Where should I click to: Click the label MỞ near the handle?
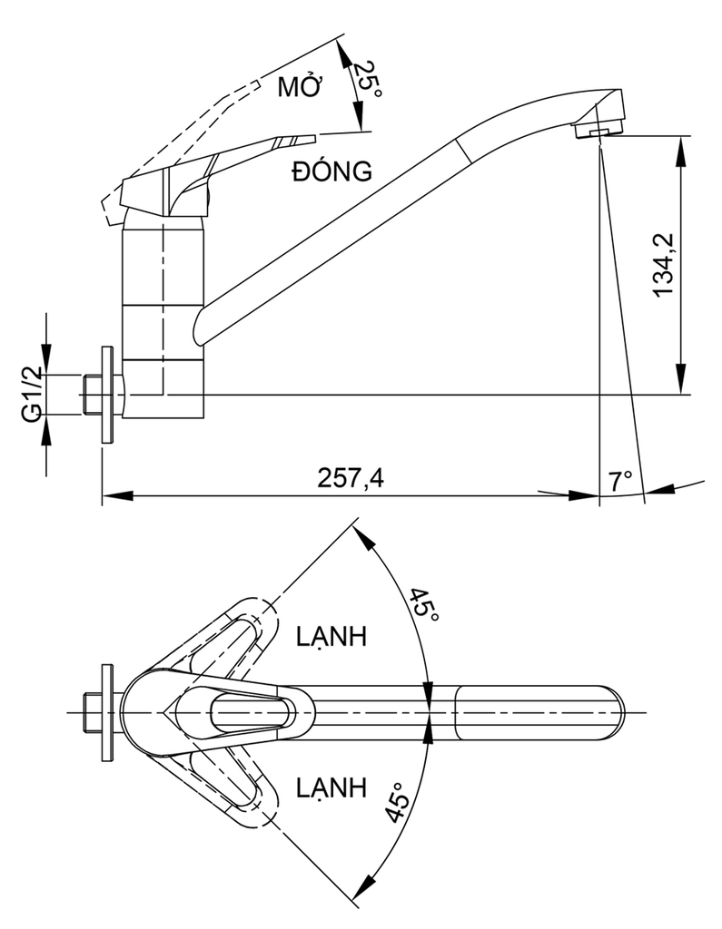(x=300, y=86)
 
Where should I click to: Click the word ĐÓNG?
(x=332, y=171)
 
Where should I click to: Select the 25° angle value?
(x=368, y=80)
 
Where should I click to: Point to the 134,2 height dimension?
(x=663, y=264)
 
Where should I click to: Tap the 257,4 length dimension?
(x=351, y=477)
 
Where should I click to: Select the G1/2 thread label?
(x=33, y=394)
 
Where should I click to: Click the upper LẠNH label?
(x=331, y=636)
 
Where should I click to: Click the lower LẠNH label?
(x=331, y=787)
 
